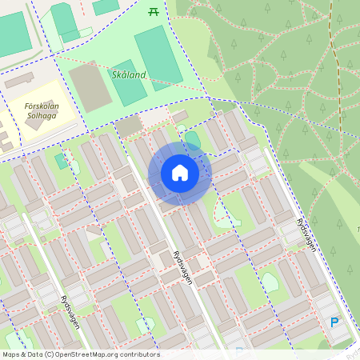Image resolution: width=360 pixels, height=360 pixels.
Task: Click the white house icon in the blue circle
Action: point(179,173)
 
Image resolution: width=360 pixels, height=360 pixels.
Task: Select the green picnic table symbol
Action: point(154,10)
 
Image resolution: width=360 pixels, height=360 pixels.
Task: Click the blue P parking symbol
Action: point(334,322)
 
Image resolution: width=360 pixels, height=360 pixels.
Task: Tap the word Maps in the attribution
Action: point(11,354)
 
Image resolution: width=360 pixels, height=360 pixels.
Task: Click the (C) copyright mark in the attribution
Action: point(50,354)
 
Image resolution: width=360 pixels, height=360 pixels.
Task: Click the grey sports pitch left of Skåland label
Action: point(90,86)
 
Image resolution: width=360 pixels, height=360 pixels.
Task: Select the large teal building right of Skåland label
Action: point(158,56)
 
